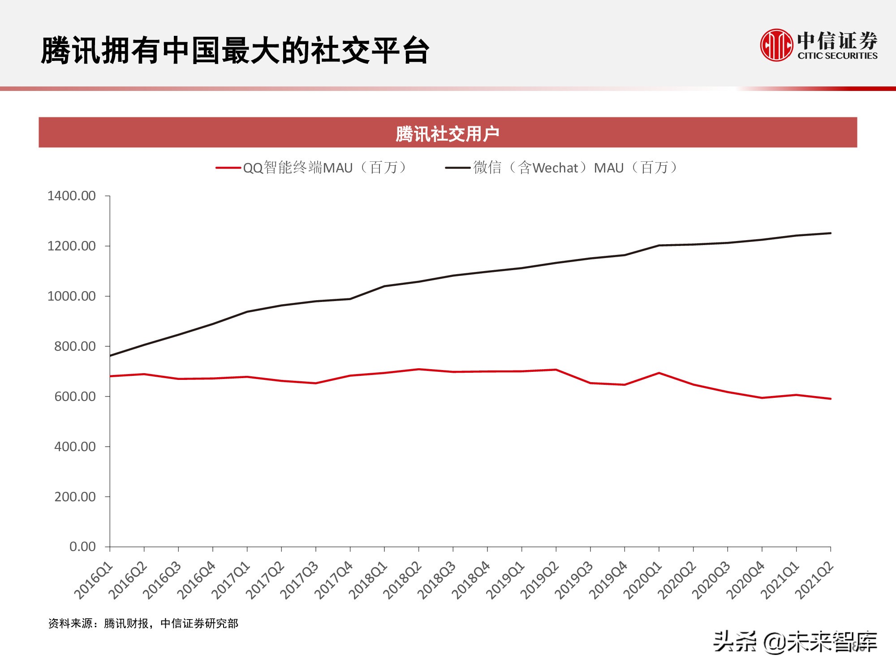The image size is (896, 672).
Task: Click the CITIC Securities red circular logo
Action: pyautogui.click(x=776, y=45)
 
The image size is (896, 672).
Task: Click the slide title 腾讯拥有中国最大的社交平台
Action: pyautogui.click(x=235, y=50)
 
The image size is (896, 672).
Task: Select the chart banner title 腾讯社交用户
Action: pyautogui.click(x=448, y=134)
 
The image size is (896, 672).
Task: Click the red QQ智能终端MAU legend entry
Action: pyautogui.click(x=313, y=168)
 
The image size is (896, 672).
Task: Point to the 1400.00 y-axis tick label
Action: pyautogui.click(x=72, y=196)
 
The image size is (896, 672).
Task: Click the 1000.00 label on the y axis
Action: pyautogui.click(x=72, y=296)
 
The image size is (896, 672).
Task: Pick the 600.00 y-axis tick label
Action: pyautogui.click(x=75, y=396)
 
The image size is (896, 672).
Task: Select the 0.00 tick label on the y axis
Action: pyautogui.click(x=82, y=547)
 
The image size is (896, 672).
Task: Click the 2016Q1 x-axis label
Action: pyautogui.click(x=94, y=581)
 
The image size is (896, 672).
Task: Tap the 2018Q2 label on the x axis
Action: pyautogui.click(x=402, y=581)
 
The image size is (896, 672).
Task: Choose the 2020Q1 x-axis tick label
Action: pyautogui.click(x=642, y=581)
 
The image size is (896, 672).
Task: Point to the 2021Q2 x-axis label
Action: pyautogui.click(x=814, y=581)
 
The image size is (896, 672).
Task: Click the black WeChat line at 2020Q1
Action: pyautogui.click(x=659, y=246)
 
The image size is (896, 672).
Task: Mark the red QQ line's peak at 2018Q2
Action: pyautogui.click(x=418, y=369)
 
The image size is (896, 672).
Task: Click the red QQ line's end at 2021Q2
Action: pyautogui.click(x=830, y=399)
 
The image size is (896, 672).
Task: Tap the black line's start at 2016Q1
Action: pyautogui.click(x=111, y=356)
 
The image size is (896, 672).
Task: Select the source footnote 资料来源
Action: pyautogui.click(x=143, y=623)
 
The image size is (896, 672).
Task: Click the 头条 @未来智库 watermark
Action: pyautogui.click(x=795, y=642)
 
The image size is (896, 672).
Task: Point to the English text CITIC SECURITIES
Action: pyautogui.click(x=837, y=56)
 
